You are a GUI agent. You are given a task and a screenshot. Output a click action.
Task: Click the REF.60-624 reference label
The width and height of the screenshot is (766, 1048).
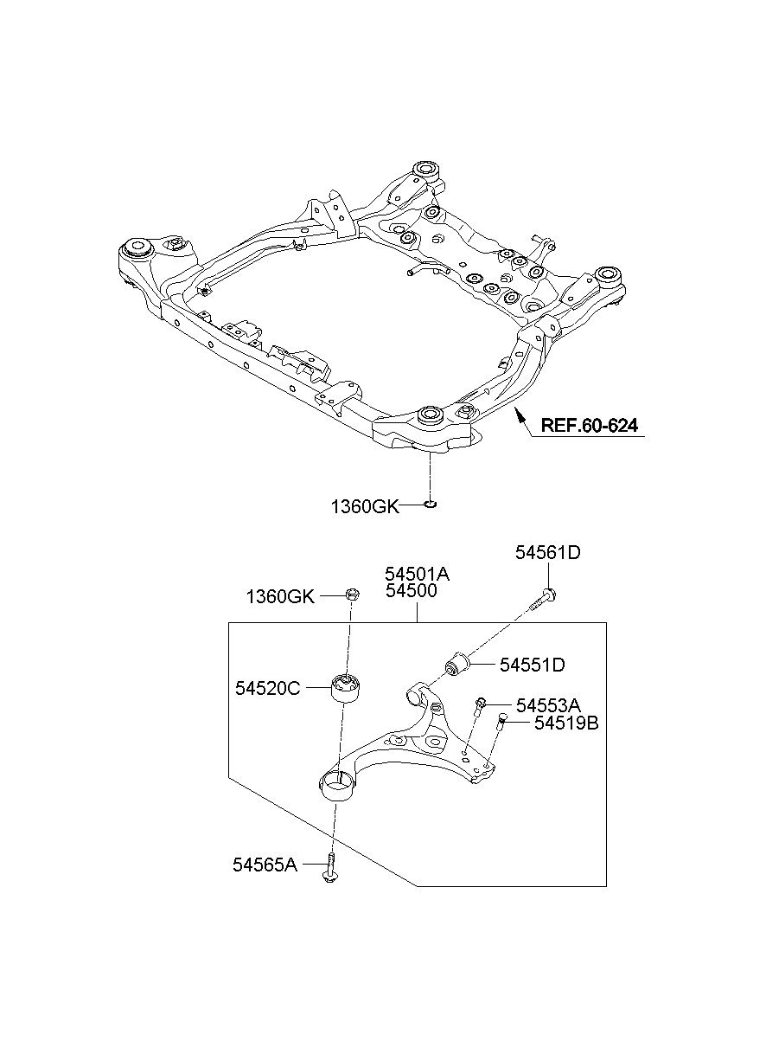590,426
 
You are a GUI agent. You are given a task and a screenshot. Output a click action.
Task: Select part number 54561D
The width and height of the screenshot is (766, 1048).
547,553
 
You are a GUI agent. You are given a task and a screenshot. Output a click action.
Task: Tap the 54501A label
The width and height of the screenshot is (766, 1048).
418,574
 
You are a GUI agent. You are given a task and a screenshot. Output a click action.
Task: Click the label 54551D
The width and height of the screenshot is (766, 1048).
532,665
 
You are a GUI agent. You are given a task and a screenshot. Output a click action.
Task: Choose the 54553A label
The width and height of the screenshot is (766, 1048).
548,705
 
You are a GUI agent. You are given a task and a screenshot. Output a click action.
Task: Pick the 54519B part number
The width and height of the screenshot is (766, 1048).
566,723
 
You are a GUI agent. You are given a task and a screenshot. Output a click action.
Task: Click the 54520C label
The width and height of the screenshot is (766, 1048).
267,689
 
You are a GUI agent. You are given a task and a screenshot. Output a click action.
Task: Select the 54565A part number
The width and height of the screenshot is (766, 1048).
265,864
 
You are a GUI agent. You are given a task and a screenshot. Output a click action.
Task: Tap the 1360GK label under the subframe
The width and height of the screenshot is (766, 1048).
365,506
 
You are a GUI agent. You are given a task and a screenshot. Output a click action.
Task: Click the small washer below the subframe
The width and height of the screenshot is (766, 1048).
430,504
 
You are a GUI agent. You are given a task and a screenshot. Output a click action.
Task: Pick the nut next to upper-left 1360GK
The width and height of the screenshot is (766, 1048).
351,595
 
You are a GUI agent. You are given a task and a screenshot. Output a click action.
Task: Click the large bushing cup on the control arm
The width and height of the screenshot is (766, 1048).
337,786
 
